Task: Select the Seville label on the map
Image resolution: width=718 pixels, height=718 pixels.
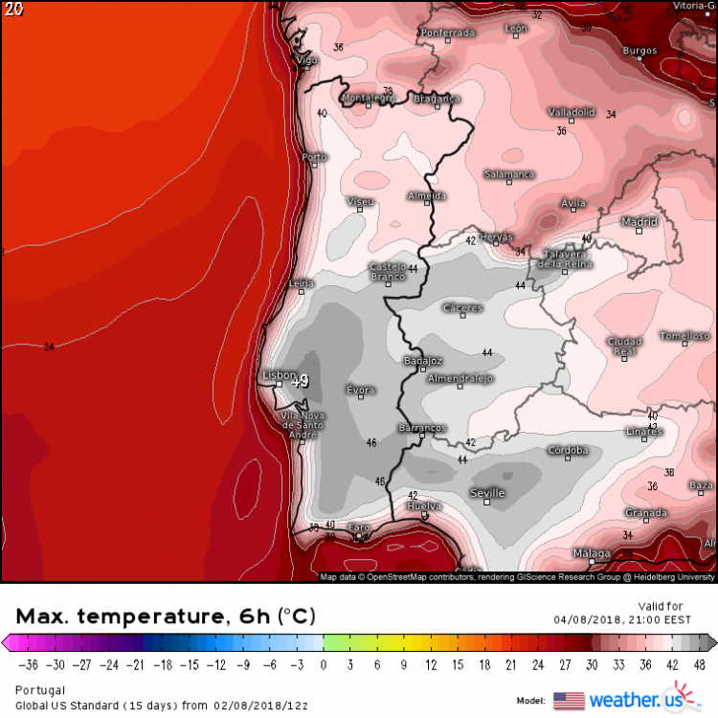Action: tap(487, 493)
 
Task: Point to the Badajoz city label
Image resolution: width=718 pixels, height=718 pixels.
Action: tap(423, 361)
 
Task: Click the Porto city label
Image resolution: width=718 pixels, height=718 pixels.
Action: tap(314, 157)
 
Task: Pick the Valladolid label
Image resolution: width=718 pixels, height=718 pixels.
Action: tap(572, 112)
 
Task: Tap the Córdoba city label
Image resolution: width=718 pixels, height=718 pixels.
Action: tap(567, 450)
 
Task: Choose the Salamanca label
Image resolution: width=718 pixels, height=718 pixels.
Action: tap(508, 174)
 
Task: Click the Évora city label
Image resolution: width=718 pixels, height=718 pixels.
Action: tap(360, 391)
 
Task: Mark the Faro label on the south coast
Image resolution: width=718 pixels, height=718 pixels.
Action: tap(359, 527)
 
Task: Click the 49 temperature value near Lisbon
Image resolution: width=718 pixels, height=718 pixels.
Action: tap(300, 381)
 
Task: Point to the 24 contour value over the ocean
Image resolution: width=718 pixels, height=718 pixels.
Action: tap(49, 347)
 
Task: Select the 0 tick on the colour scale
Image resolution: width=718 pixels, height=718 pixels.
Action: tap(324, 663)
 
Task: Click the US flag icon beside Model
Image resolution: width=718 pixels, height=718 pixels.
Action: tap(569, 700)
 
